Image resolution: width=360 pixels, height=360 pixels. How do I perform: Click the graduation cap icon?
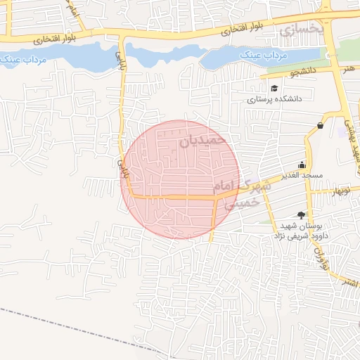pyautogui.click(x=274, y=89)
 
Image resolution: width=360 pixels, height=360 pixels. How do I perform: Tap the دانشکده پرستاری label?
pyautogui.click(x=274, y=100)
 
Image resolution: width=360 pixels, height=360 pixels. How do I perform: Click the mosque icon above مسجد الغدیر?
pyautogui.click(x=302, y=164)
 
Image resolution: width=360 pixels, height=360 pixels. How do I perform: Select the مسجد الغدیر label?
pyautogui.click(x=302, y=174)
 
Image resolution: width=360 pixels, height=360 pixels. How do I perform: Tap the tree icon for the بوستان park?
pyautogui.click(x=302, y=214)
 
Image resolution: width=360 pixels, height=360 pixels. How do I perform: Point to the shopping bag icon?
pyautogui.click(x=321, y=125)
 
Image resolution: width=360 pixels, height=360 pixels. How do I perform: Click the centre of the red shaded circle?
pyautogui.click(x=181, y=180)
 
